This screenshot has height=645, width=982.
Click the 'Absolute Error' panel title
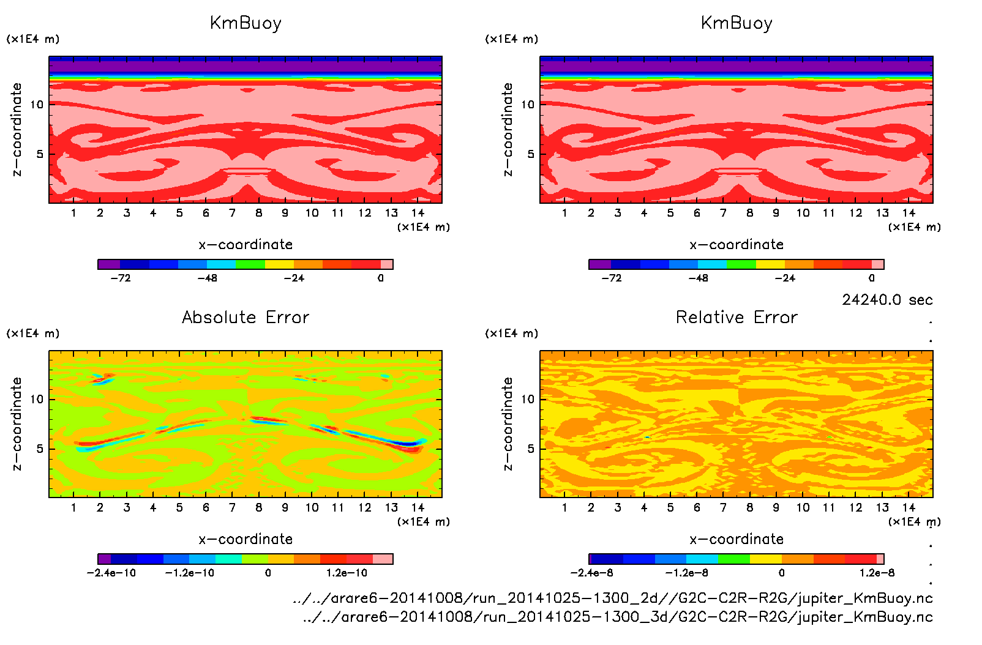[x=245, y=318]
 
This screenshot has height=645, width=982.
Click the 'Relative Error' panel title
[x=736, y=318]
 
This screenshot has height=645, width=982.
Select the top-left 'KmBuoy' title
[x=245, y=23]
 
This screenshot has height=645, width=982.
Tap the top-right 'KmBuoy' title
[x=736, y=23]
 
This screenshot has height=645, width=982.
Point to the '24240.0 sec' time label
[x=887, y=300]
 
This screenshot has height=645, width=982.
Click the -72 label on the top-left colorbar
[x=121, y=278]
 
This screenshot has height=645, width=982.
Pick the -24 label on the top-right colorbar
[x=785, y=278]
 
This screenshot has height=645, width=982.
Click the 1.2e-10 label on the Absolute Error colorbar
[x=347, y=573]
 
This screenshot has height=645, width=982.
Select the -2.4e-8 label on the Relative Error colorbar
[x=591, y=573]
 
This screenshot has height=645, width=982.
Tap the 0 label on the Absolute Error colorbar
[x=268, y=573]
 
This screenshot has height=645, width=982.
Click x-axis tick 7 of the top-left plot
[x=232, y=213]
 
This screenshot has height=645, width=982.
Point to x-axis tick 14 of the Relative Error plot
[x=909, y=507]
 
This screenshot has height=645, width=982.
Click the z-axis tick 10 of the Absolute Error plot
[x=37, y=399]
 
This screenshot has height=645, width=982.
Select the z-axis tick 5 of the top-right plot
[x=531, y=154]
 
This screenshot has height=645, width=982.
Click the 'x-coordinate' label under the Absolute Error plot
[x=245, y=539]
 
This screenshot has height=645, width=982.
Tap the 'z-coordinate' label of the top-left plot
[x=17, y=130]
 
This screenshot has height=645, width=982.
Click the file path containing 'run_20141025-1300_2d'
[x=612, y=598]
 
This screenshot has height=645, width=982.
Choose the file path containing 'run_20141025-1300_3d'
[x=617, y=617]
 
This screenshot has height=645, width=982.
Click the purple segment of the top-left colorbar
[x=109, y=264]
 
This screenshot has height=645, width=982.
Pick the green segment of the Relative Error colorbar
[x=734, y=559]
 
